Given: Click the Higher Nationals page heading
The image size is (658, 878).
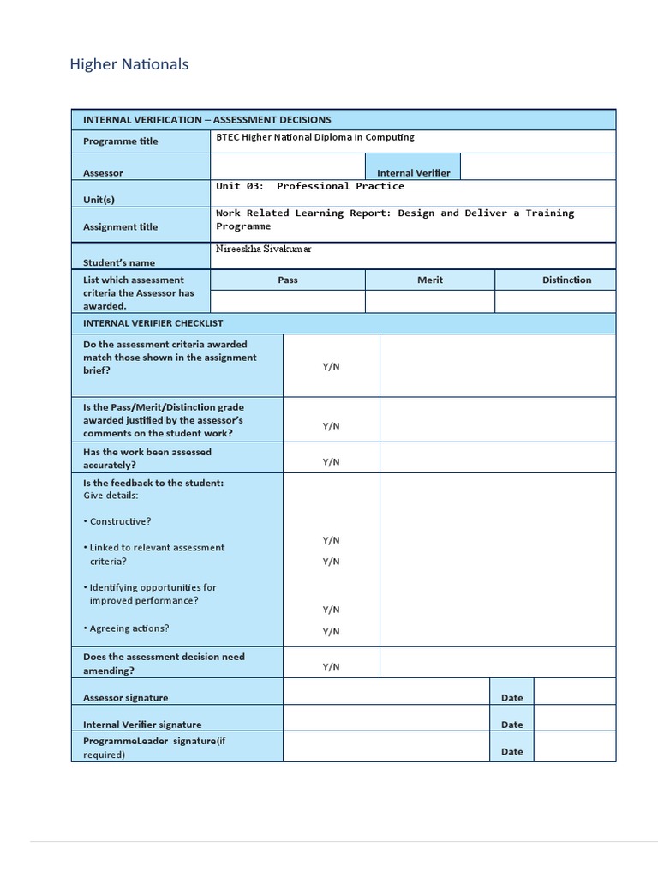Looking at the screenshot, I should (129, 64).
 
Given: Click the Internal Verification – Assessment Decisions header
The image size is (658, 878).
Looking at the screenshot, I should (206, 120).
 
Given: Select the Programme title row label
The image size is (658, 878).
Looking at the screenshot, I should (120, 141).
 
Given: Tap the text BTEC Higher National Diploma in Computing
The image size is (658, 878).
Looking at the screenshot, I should (314, 137).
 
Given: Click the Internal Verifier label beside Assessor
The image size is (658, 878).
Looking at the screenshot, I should (413, 173).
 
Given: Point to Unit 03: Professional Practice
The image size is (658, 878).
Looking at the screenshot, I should (309, 186).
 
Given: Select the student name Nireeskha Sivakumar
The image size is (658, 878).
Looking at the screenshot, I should (264, 249).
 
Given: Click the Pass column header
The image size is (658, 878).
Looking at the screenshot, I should (288, 280).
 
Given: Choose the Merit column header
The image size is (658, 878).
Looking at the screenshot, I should (430, 280).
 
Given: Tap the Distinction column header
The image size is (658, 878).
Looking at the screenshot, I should (566, 280).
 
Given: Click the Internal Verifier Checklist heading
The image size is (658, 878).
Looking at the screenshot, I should (153, 323).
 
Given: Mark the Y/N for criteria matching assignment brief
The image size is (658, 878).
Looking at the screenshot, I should (331, 366).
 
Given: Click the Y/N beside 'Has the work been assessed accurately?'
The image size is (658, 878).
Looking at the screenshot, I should (331, 462).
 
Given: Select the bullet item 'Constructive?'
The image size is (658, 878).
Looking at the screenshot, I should (120, 521).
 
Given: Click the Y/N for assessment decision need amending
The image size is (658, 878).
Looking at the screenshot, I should (331, 667).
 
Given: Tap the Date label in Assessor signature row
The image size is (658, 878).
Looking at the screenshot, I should (511, 698).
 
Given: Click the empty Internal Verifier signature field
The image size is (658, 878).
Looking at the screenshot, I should (386, 719).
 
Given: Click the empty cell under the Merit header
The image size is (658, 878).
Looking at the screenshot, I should (430, 302).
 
